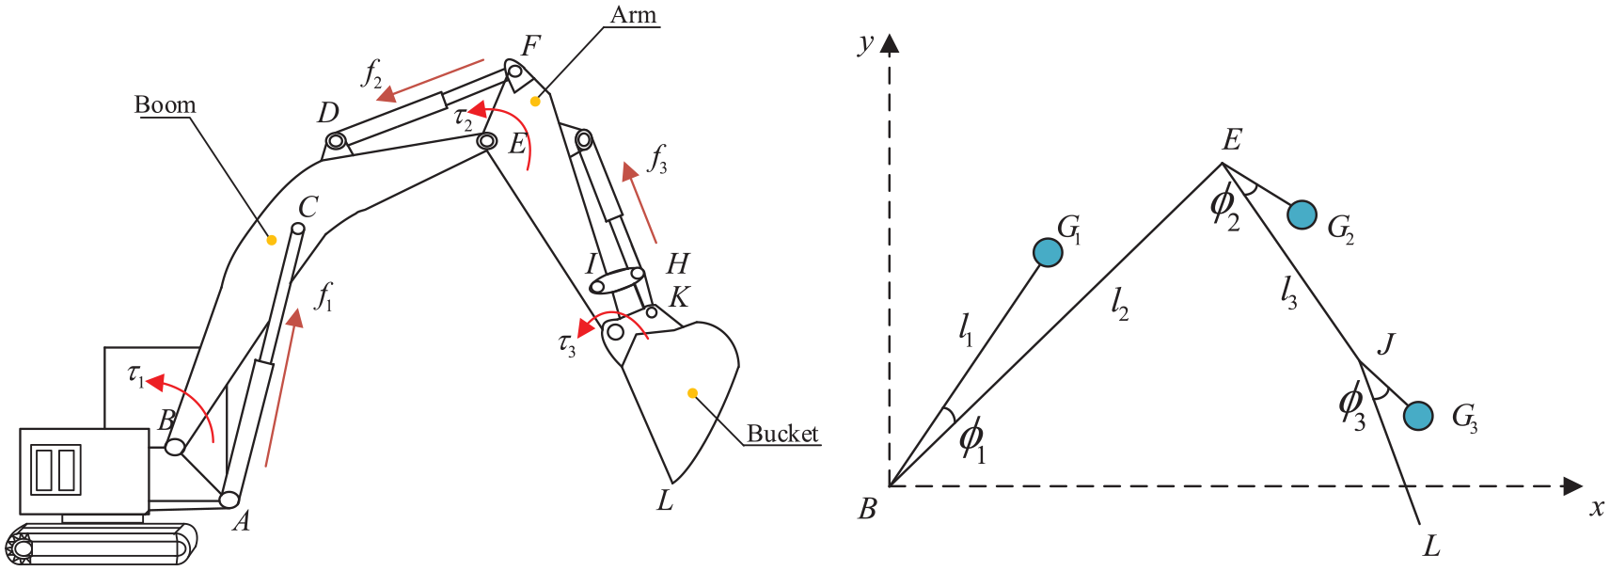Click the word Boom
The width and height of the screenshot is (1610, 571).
coord(165,104)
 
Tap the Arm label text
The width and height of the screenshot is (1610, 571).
coord(633,15)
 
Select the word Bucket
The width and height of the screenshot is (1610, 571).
coord(782,434)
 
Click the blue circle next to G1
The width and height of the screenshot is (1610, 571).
coord(1048,252)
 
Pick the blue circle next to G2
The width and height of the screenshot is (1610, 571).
coord(1302,215)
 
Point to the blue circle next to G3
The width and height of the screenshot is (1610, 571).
coord(1418,415)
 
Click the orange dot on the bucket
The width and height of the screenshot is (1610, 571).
coord(692,393)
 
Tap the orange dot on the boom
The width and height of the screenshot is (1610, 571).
coord(271,240)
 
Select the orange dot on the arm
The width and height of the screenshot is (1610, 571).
coord(535,101)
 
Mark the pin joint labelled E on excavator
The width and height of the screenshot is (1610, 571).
coord(486,141)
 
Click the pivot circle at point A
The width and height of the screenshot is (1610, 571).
coord(229,500)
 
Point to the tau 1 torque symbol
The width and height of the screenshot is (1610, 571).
coord(136,375)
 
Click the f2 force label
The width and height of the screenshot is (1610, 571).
coord(372,72)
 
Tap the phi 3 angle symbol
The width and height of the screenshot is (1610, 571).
coord(1351,405)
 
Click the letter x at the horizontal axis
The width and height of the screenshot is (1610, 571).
coord(1596,508)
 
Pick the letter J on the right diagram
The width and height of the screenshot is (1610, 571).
coord(1385,343)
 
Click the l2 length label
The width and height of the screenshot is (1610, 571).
coord(1118,302)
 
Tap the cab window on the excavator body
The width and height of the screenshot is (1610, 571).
coord(56,469)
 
